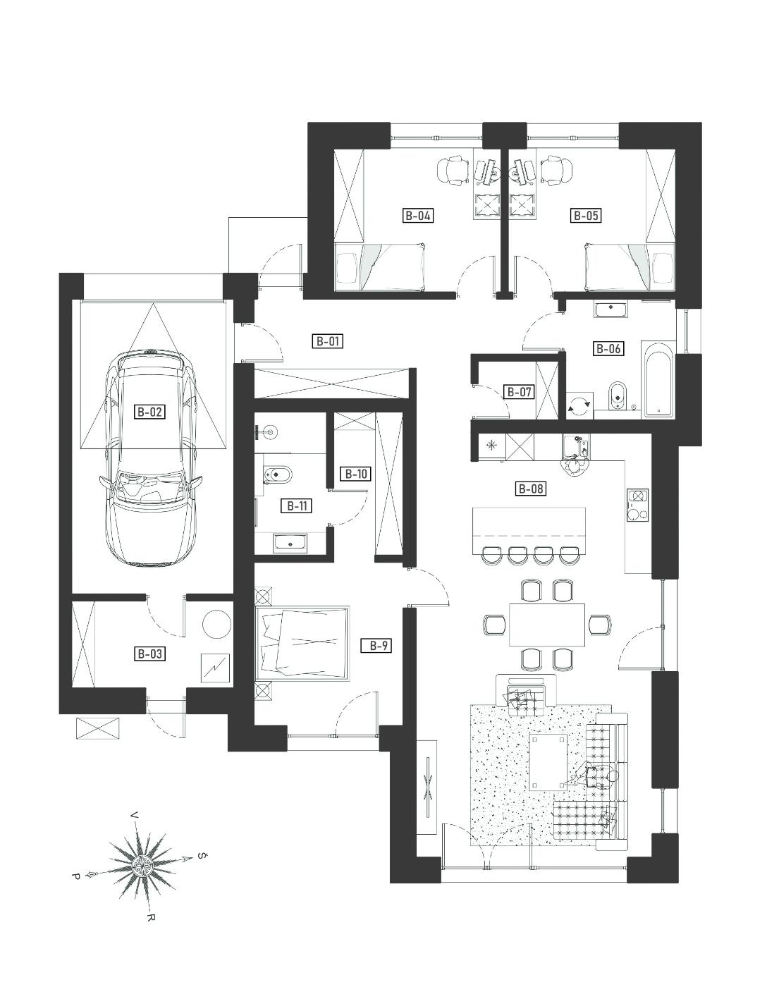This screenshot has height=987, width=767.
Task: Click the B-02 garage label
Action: tap(149, 412)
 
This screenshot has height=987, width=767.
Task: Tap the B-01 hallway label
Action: tap(327, 341)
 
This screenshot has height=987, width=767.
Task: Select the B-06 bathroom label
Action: tap(608, 349)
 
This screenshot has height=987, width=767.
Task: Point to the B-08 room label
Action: tap(530, 489)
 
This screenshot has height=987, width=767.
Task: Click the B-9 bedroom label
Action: tap(376, 646)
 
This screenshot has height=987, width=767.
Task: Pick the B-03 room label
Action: tap(149, 654)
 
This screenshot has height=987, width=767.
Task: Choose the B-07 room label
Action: tap(519, 391)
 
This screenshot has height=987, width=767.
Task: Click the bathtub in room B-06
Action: tap(658, 379)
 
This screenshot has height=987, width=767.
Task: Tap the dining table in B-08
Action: tap(547, 624)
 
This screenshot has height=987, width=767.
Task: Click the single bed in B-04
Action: tap(381, 266)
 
